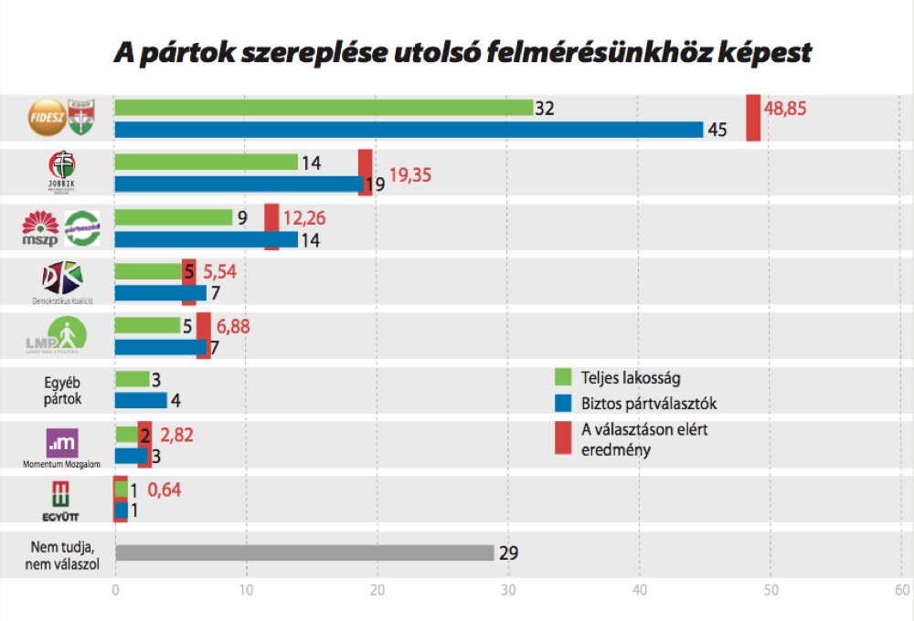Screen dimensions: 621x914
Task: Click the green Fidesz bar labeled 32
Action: [x=324, y=108]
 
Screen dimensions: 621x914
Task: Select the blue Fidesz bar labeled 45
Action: [x=409, y=130]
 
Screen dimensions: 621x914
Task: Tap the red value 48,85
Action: [x=789, y=109]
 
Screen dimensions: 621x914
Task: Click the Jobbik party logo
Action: [x=62, y=171]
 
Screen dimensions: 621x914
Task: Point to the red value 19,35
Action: [x=411, y=174]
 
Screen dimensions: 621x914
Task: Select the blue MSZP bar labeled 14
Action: [x=206, y=239]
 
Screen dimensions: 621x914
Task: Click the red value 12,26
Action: [x=304, y=218]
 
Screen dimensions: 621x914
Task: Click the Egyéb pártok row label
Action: [x=62, y=391]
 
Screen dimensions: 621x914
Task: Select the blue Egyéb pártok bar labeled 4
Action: [x=141, y=400]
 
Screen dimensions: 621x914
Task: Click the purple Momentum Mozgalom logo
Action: [x=62, y=443]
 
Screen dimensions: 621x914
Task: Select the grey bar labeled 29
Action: [x=304, y=553]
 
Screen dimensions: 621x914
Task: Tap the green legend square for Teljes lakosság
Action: [x=563, y=376]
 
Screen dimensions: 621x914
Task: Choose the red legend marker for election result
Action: [x=563, y=438]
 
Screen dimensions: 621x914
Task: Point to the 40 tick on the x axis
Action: [x=640, y=590]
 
